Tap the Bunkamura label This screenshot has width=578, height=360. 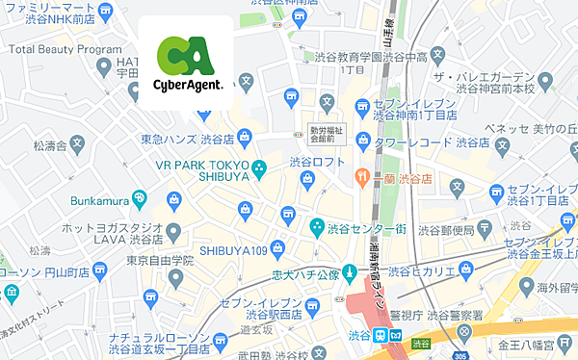coord(101,201)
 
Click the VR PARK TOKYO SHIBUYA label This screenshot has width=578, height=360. coord(204,170)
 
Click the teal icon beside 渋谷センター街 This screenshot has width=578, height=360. coord(317,228)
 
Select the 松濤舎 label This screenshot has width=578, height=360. coord(48,146)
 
